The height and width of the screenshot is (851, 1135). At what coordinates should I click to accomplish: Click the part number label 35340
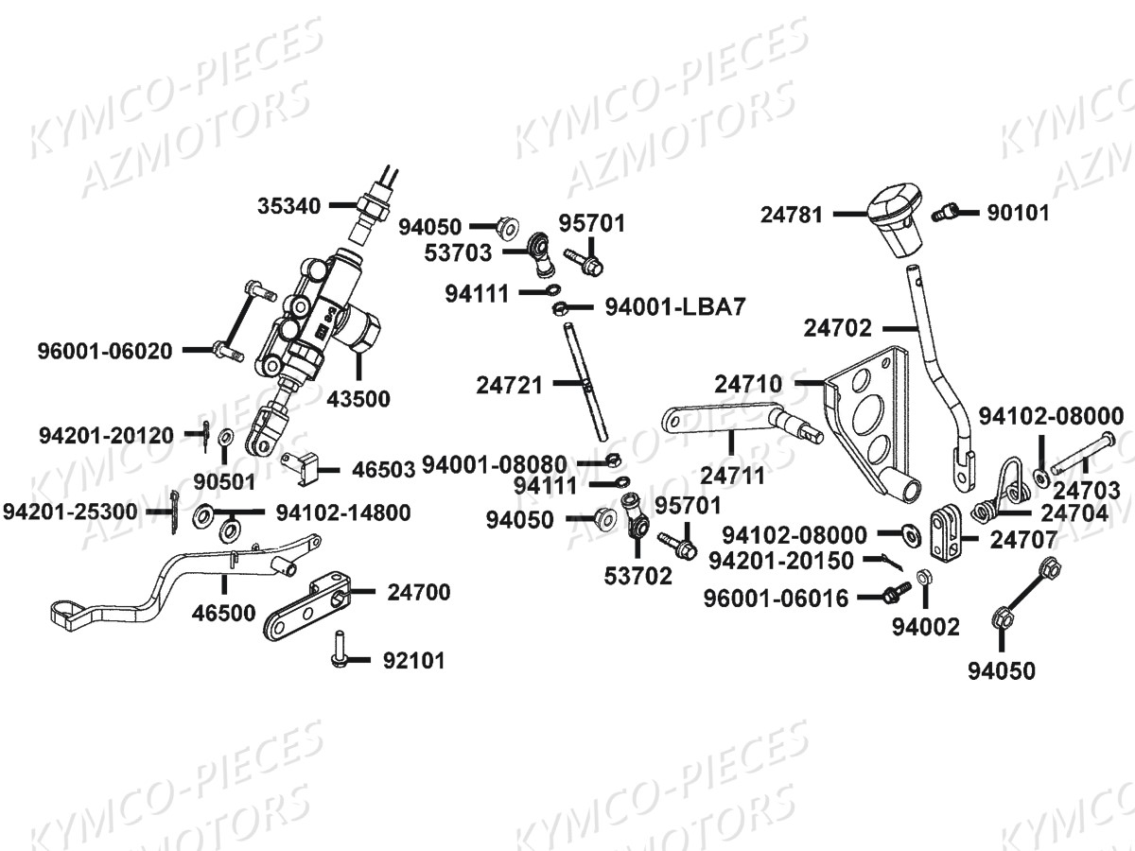288,204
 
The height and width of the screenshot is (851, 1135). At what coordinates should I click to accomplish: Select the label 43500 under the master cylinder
358,399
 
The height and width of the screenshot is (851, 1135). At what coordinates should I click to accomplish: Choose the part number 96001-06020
105,351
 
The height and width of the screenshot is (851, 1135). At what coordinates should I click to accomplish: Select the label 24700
418,593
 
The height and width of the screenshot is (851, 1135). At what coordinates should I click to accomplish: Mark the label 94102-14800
343,512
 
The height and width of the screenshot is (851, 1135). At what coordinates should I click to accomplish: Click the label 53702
639,575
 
